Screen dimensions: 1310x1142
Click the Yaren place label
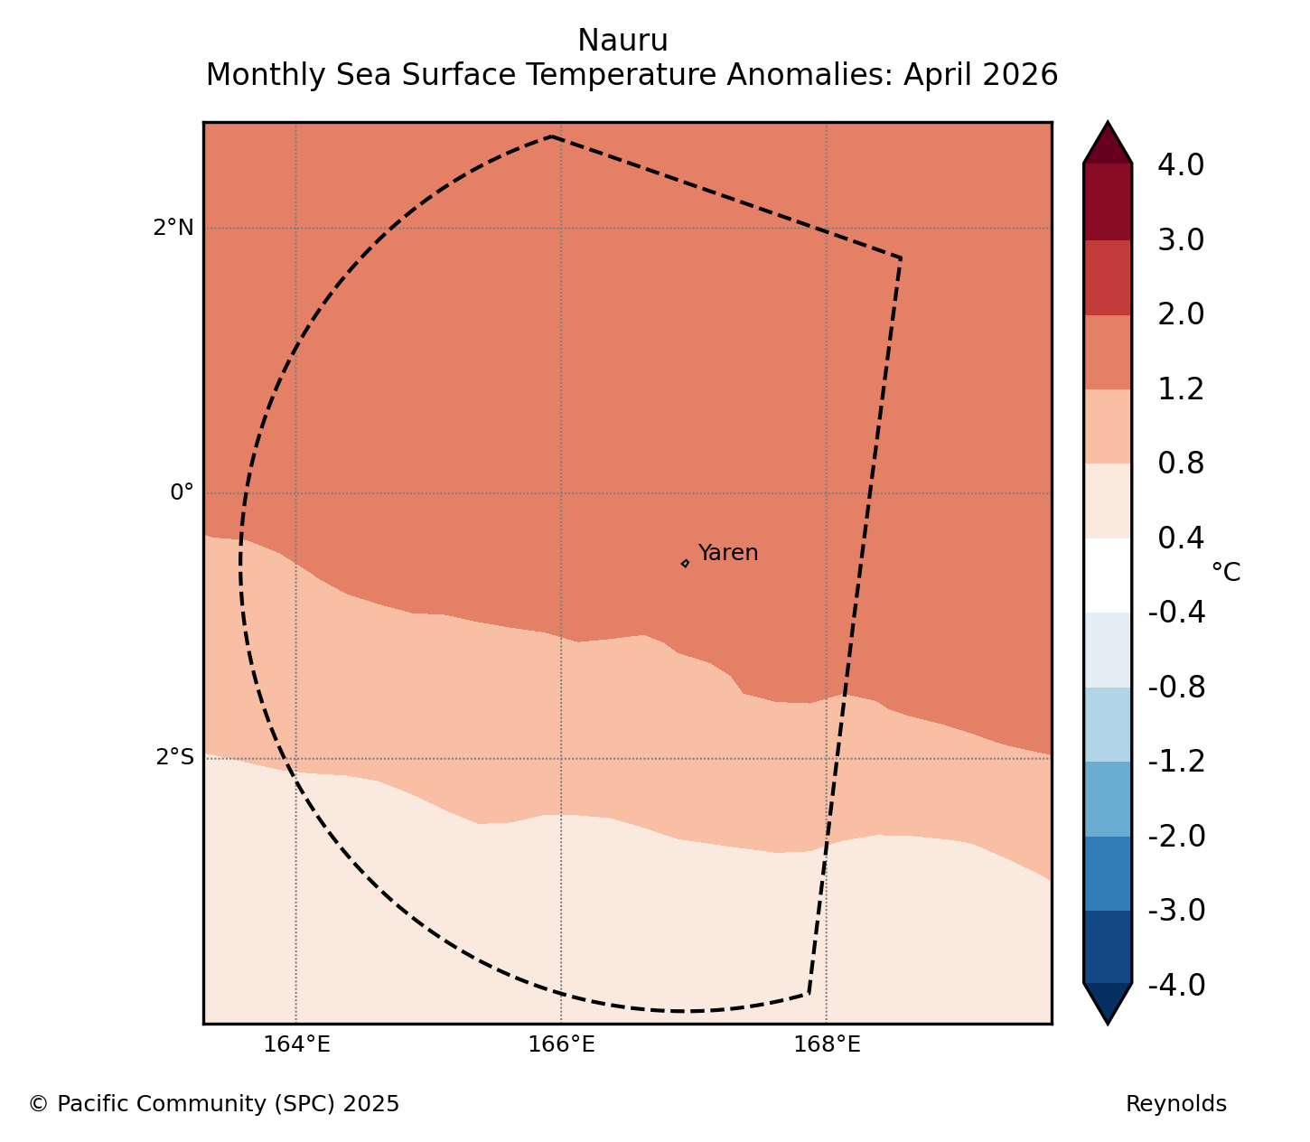(x=727, y=552)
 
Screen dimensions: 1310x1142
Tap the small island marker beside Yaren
(x=685, y=563)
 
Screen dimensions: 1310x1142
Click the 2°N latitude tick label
(x=173, y=228)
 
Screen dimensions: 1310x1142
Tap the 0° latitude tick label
(x=182, y=492)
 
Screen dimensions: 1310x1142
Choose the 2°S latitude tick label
(x=174, y=757)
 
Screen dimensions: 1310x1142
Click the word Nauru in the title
(x=622, y=41)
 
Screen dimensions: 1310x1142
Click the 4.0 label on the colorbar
(x=1181, y=165)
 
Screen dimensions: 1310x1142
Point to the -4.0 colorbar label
(x=1176, y=985)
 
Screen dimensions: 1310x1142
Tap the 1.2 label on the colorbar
(x=1181, y=389)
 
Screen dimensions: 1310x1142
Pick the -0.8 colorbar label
(x=1176, y=688)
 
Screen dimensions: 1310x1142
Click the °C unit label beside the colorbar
(x=1225, y=572)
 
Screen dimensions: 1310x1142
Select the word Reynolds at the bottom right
(x=1175, y=1104)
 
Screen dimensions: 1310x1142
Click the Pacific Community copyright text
(x=214, y=1104)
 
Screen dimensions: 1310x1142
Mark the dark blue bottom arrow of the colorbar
(x=1108, y=1003)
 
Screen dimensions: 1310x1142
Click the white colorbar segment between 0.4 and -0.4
(x=1108, y=575)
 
